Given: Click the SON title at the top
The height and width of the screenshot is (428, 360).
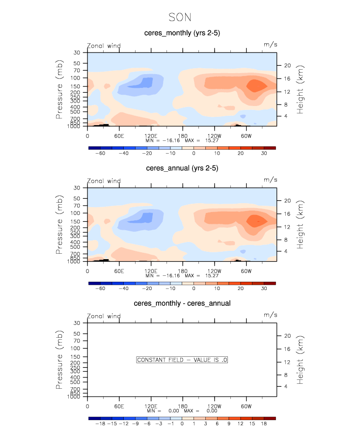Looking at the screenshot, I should click(180, 17).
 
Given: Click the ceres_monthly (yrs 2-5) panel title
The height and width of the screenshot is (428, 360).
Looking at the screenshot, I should click(182, 33).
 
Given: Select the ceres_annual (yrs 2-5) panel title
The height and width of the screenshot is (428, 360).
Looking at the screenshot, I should click(182, 168).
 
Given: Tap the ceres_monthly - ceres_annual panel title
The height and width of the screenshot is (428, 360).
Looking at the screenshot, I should click(182, 303).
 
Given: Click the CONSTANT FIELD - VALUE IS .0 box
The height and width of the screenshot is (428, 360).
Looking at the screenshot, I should click(182, 360).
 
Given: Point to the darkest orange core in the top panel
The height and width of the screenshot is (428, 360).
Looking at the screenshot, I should click(256, 85).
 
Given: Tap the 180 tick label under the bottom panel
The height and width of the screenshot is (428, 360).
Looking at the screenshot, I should click(182, 406).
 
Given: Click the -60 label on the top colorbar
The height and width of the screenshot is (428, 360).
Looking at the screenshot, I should click(100, 154).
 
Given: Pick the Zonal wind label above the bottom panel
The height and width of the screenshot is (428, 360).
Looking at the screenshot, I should click(104, 316).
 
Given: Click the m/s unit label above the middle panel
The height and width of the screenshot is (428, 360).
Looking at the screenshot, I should click(270, 180).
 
